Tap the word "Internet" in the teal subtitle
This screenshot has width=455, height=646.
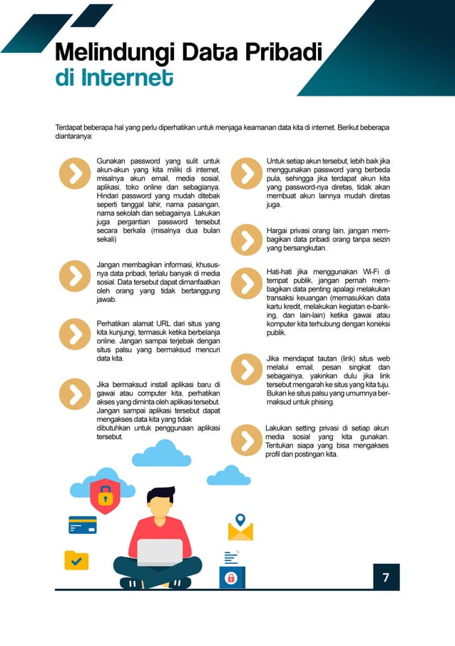click(x=126, y=76)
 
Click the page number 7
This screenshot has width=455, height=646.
click(x=386, y=577)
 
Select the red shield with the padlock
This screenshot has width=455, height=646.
click(x=105, y=494)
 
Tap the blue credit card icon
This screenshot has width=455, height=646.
click(x=82, y=525)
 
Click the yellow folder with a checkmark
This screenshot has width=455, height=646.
click(x=76, y=560)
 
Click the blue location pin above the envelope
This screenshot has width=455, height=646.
click(x=240, y=519)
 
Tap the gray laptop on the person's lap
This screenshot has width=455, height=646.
click(x=160, y=552)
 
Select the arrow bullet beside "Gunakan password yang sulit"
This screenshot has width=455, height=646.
click(x=73, y=172)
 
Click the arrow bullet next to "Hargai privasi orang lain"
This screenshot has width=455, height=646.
click(x=246, y=239)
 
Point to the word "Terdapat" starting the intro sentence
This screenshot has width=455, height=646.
click(x=70, y=128)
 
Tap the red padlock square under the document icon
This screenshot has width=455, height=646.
click(x=231, y=578)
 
